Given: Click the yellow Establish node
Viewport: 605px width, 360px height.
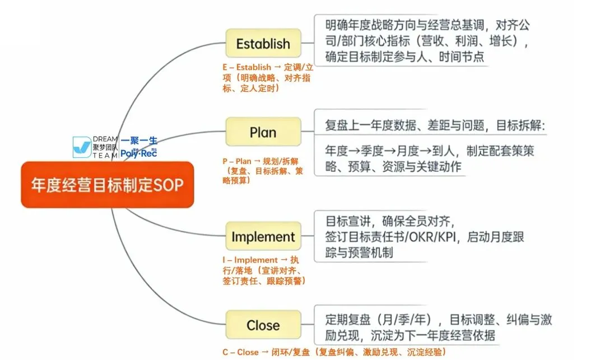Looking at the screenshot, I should (x=263, y=44).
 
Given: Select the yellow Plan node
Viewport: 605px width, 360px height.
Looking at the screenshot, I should (x=263, y=132).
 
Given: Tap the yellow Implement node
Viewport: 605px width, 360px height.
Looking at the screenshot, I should (x=263, y=237).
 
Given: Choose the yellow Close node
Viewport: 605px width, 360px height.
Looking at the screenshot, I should (x=263, y=325).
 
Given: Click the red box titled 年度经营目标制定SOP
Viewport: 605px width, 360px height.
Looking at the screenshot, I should (x=107, y=185).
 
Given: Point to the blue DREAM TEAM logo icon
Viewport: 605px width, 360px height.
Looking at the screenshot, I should (x=82, y=147).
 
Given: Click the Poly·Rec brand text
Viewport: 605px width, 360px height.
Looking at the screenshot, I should (x=139, y=153).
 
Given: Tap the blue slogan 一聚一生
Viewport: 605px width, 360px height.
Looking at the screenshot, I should (x=139, y=141).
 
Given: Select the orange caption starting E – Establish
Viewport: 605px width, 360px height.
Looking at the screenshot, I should (x=266, y=78).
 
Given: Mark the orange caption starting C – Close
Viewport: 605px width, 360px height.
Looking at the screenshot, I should (x=334, y=352).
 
